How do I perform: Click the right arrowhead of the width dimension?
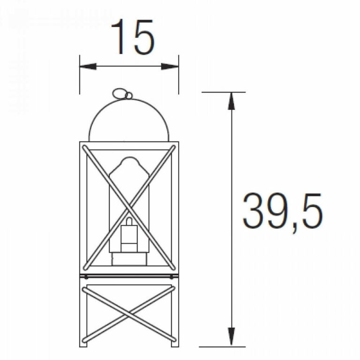coord(171,67)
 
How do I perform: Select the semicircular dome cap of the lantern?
coord(129,120)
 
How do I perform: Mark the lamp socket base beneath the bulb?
coord(129,259)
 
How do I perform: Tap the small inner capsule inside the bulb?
coord(128,234)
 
